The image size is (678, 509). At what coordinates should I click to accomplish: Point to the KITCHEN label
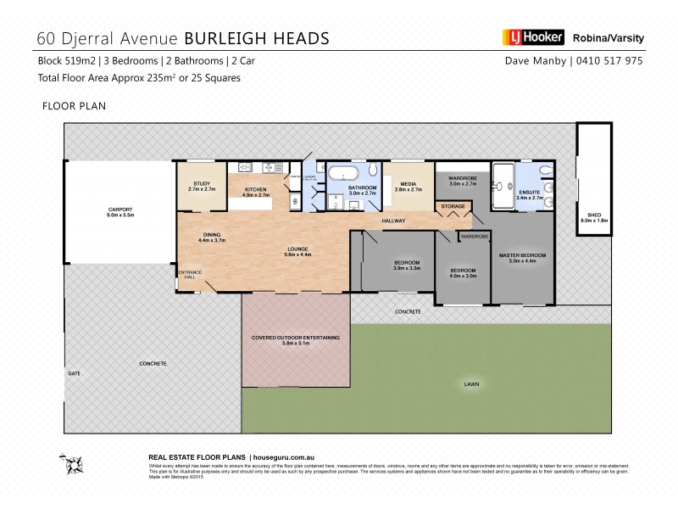tap(256, 189)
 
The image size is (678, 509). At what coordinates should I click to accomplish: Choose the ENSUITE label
tap(527, 193)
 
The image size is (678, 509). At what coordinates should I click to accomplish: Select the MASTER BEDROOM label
tap(522, 255)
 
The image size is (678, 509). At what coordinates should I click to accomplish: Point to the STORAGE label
tap(453, 205)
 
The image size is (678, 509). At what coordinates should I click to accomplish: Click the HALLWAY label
tap(394, 221)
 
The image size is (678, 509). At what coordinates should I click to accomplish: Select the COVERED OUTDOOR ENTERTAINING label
tap(296, 338)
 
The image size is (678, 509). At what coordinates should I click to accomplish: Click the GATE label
tap(74, 373)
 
